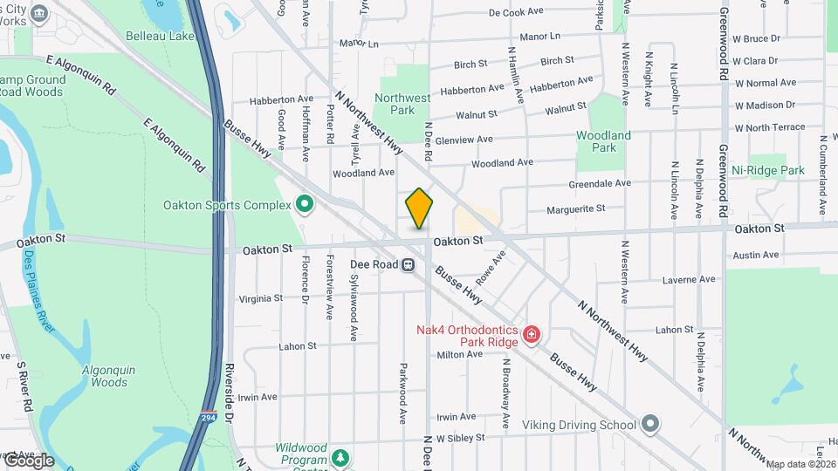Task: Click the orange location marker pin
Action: tap(419, 208)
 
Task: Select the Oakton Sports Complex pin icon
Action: tap(304, 205)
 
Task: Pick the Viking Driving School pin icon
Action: tap(649, 425)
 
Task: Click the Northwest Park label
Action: tap(402, 105)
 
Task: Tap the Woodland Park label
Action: tap(603, 141)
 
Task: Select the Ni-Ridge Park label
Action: tap(767, 170)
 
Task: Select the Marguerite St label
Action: tap(575, 209)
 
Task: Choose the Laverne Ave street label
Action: tap(690, 280)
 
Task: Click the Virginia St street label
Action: tap(260, 298)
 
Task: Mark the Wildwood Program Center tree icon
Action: tap(340, 457)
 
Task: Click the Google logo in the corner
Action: tap(29, 461)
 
